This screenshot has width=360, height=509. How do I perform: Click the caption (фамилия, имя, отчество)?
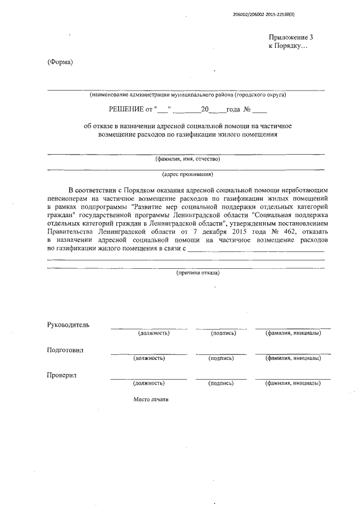coord(187,159)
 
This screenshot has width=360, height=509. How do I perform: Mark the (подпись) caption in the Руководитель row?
coord(223,333)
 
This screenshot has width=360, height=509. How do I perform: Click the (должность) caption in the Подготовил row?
coord(148,358)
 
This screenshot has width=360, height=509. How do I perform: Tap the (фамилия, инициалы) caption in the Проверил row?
coord(293,383)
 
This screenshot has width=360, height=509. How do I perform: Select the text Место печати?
coord(151,400)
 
